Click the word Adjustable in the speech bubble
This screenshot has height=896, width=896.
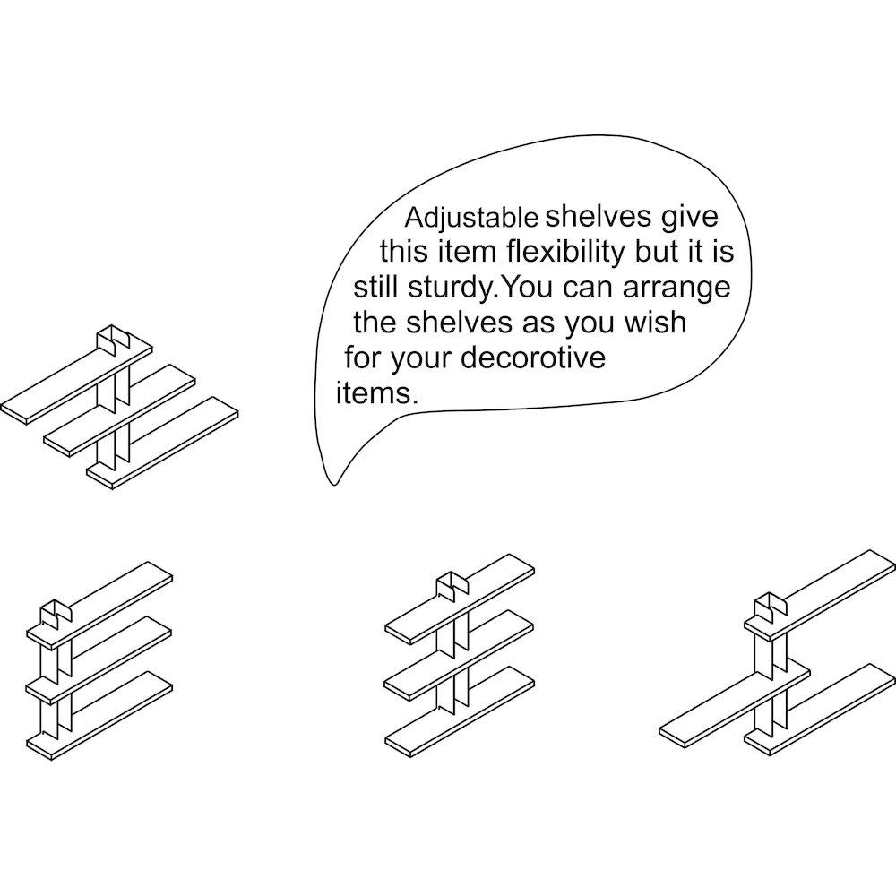471,219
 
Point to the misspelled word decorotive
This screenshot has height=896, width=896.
532,358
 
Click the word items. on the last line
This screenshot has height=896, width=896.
376,393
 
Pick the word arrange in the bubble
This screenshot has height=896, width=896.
676,289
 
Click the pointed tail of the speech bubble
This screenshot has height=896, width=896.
335,485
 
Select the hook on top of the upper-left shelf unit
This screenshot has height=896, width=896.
113,339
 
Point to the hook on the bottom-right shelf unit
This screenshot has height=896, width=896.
771,608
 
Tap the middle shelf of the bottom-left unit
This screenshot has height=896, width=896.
99,657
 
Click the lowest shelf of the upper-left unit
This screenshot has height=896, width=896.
163,443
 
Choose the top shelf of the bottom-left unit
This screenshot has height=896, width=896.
100,605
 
